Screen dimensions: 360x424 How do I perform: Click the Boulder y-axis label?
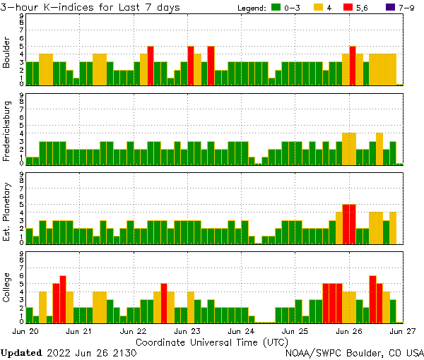pyautogui.click(x=7, y=53)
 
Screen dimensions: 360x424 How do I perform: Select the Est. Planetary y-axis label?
pyautogui.click(x=7, y=212)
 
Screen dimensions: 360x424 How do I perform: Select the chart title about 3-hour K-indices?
pyautogui.click(x=90, y=7)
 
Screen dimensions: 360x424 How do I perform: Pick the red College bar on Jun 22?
pyautogui.click(x=164, y=303)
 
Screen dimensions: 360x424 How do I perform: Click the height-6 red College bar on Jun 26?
pyautogui.click(x=372, y=299)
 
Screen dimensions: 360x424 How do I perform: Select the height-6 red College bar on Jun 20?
pyautogui.click(x=63, y=299)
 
